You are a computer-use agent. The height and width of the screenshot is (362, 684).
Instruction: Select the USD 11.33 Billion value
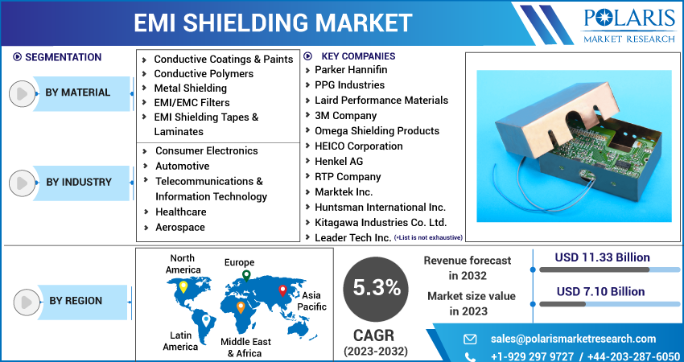click(x=602, y=257)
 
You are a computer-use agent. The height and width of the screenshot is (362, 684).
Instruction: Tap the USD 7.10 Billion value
click(x=600, y=291)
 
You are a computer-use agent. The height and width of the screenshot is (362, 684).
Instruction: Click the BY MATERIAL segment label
click(x=77, y=93)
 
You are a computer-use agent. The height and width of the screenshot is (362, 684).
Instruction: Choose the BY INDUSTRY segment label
click(x=78, y=182)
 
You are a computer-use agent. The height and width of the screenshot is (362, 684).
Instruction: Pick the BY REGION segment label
click(x=76, y=301)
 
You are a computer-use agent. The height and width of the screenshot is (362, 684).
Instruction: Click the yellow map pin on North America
click(x=183, y=286)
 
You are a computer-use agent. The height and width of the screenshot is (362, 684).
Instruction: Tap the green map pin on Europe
click(x=246, y=276)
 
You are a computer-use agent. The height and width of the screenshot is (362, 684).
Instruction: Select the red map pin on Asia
click(x=282, y=290)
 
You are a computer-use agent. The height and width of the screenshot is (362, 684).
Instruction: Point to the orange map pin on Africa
click(x=241, y=306)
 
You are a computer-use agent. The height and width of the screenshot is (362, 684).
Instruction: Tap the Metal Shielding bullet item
click(x=190, y=88)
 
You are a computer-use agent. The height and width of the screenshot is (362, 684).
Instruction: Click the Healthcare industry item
click(x=180, y=212)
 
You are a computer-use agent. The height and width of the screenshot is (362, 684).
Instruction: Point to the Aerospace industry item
click(x=179, y=227)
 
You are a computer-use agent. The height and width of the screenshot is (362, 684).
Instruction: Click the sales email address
click(x=573, y=339)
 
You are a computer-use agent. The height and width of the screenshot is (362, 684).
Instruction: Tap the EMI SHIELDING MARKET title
click(x=273, y=23)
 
